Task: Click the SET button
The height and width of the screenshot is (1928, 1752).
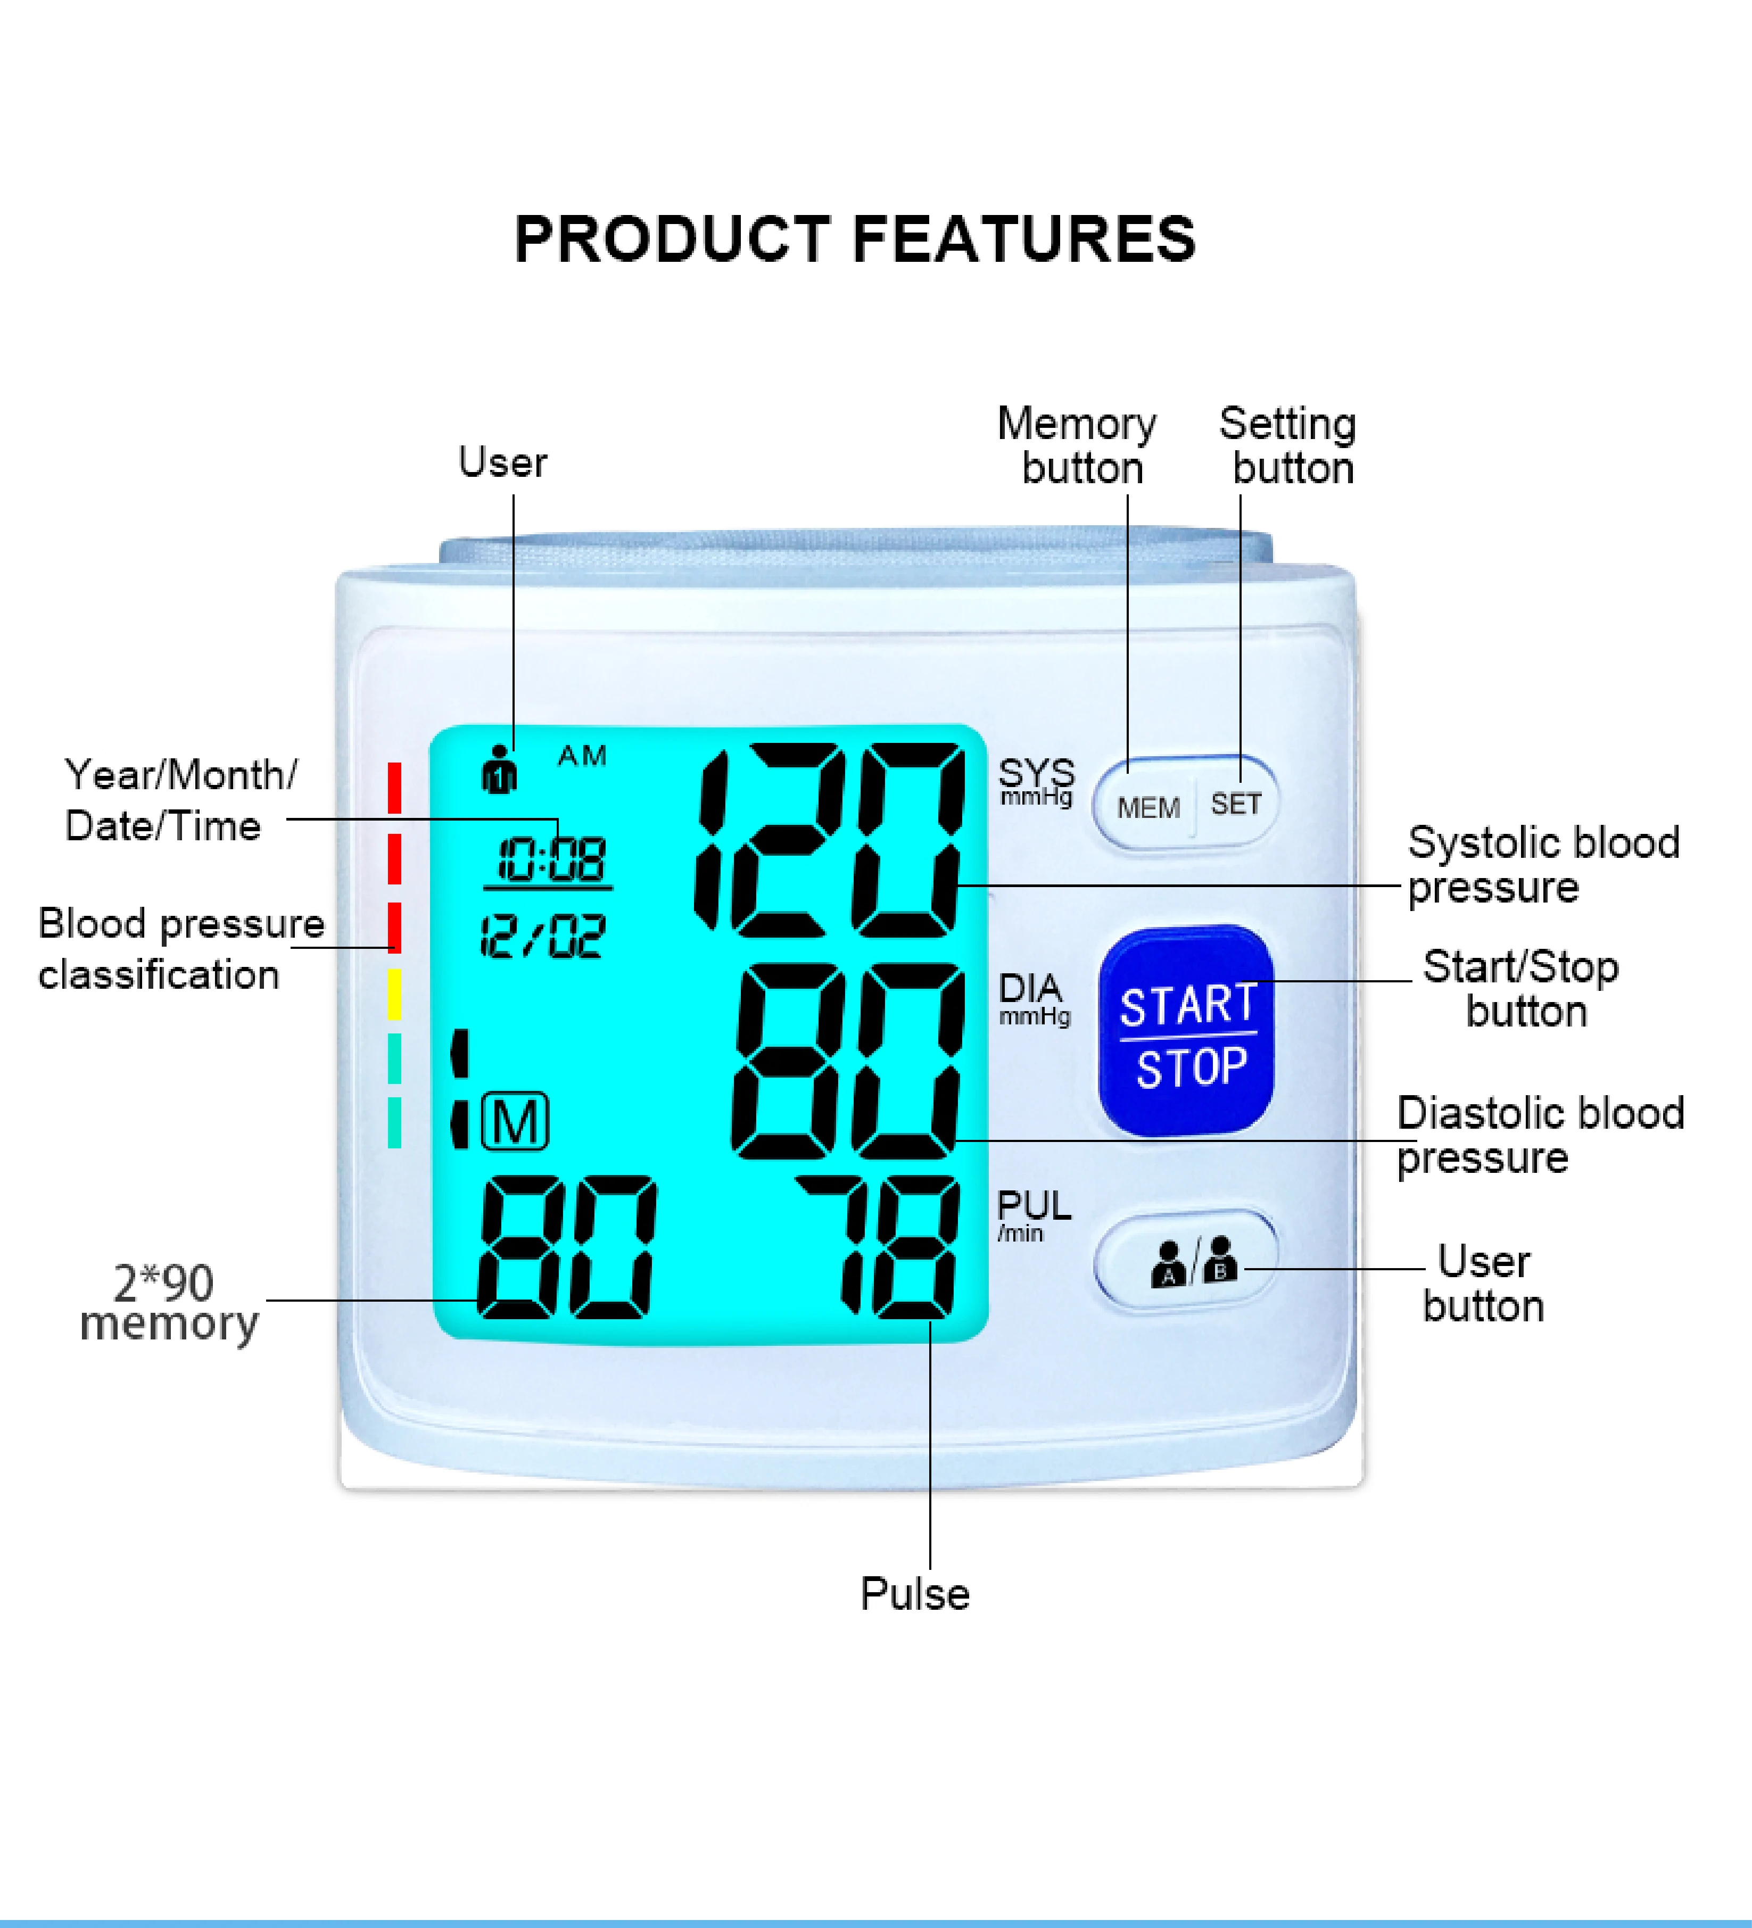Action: click(x=1236, y=804)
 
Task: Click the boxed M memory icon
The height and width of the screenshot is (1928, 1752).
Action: click(x=516, y=1121)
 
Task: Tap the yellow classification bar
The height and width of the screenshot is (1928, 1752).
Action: click(x=394, y=995)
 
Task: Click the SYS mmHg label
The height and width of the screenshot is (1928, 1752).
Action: click(x=1036, y=781)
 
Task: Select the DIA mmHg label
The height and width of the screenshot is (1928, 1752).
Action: click(x=1033, y=997)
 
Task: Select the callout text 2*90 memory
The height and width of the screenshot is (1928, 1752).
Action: click(x=167, y=1303)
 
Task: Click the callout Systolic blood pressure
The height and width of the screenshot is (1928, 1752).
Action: click(x=1542, y=865)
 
